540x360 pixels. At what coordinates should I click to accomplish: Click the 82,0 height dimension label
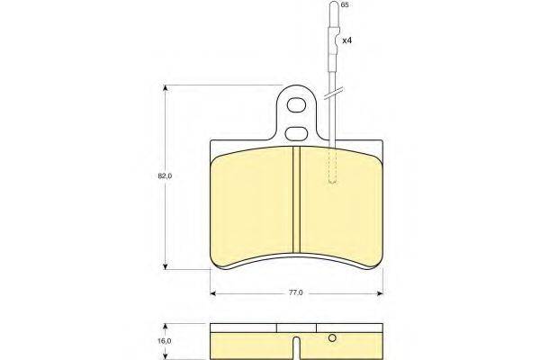165,176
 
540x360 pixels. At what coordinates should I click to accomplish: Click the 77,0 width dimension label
295,292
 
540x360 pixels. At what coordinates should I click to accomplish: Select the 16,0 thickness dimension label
165,341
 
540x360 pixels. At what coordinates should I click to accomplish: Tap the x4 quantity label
346,40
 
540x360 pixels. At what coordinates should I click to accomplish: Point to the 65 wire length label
344,4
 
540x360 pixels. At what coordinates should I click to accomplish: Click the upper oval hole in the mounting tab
296,104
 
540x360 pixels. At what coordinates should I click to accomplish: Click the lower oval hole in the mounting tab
296,133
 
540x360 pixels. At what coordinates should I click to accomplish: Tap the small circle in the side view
332,338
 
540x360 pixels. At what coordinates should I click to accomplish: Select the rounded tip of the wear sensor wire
334,4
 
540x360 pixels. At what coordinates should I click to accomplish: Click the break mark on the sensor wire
333,94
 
